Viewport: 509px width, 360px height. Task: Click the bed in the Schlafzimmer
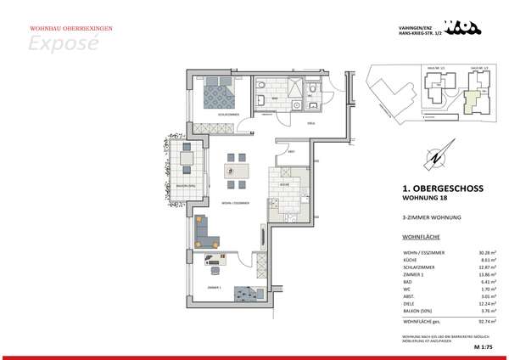click(x=222, y=93)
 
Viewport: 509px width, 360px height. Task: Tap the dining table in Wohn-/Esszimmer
click(x=238, y=171)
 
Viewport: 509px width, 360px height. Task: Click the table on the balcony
click(x=187, y=157)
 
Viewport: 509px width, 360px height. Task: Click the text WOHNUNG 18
click(x=424, y=200)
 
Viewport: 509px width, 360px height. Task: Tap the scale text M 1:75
click(x=484, y=348)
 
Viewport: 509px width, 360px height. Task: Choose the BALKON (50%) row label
click(x=422, y=311)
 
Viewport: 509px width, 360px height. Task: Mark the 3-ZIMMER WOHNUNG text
click(x=431, y=219)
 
